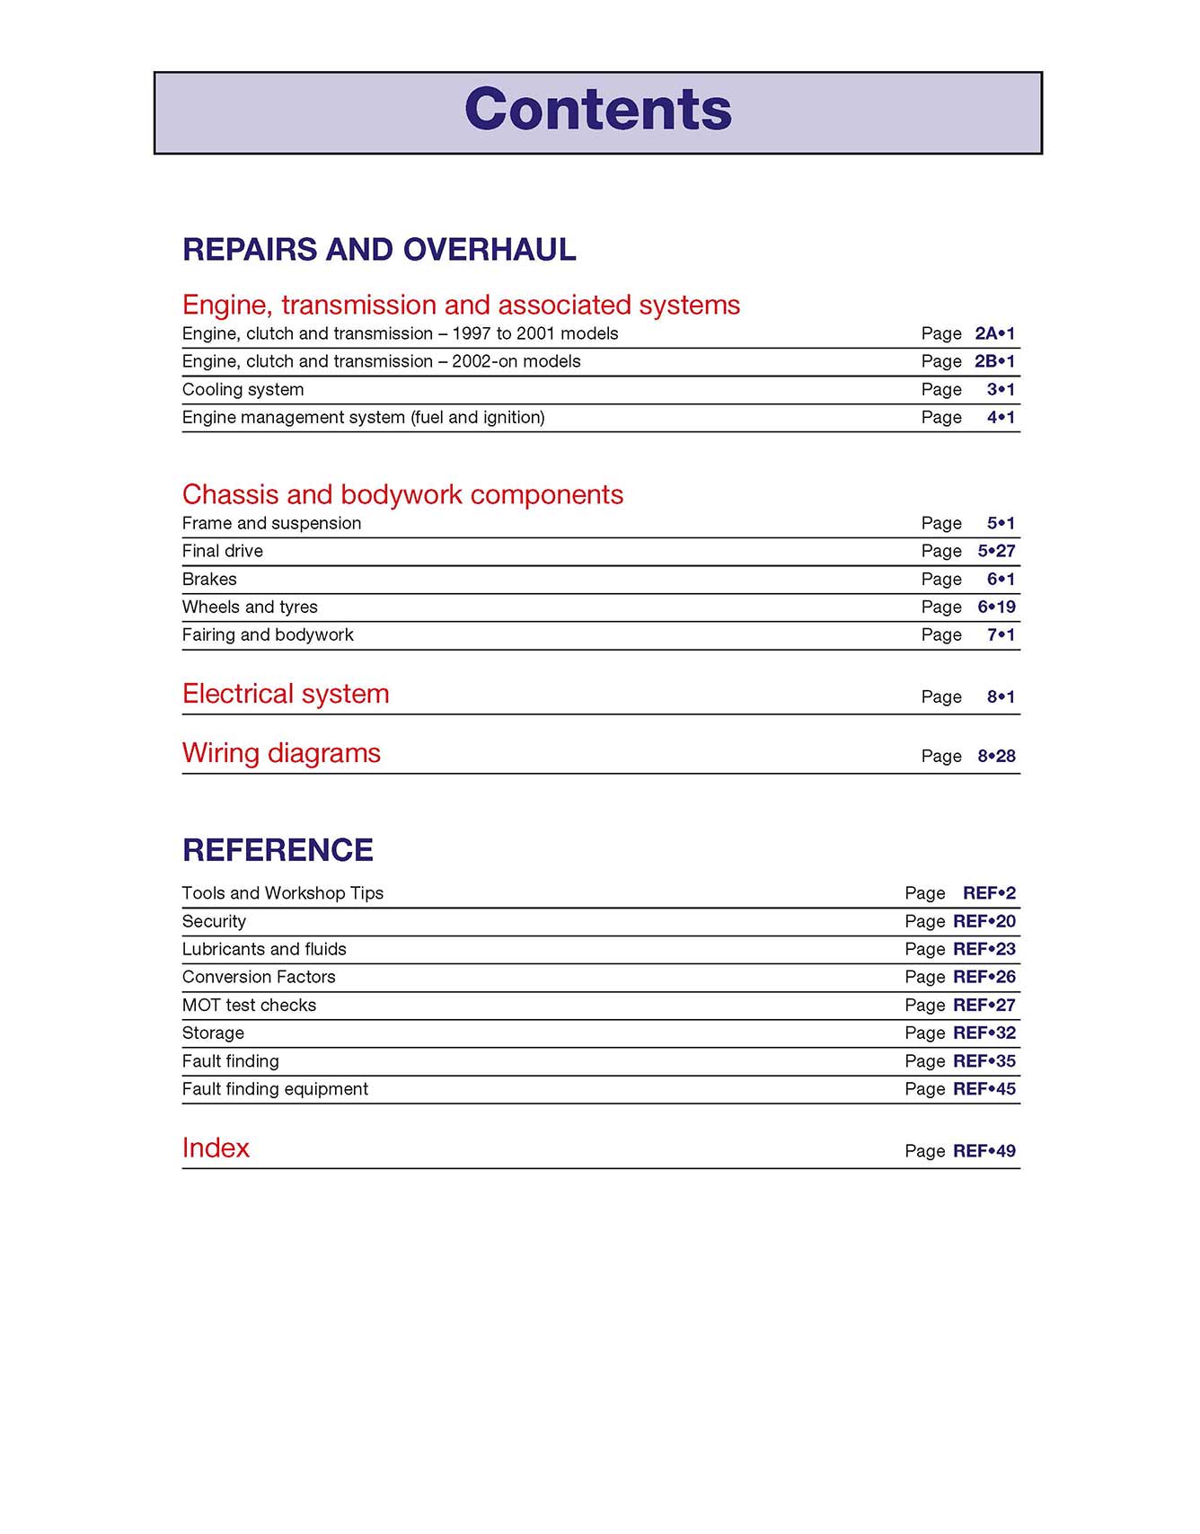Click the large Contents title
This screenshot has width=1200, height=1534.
tap(598, 110)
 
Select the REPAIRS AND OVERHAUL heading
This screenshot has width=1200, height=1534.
tap(379, 250)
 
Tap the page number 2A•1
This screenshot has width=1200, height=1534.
tap(994, 333)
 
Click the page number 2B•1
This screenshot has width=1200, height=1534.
tap(994, 361)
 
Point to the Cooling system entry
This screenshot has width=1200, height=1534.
tap(243, 390)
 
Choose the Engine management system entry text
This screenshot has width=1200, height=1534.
tap(363, 418)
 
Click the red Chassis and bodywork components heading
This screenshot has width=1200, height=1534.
tap(402, 495)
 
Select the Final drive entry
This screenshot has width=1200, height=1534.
tap(222, 552)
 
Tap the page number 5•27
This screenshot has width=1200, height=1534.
tap(996, 552)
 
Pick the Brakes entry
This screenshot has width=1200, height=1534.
tap(209, 580)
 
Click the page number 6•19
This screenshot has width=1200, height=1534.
tap(996, 607)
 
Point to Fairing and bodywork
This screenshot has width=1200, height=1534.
tap(268, 635)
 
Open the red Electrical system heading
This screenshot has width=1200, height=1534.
tap(286, 695)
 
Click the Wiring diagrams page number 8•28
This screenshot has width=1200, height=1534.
tap(996, 757)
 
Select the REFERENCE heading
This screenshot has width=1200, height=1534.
tap(278, 850)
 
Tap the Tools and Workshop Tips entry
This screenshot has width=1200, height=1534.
tap(282, 893)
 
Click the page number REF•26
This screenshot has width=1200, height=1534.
tap(984, 977)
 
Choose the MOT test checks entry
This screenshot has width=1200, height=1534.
tap(249, 1006)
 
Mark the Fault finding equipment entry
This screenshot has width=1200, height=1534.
tap(275, 1089)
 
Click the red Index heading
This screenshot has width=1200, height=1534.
tap(216, 1148)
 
